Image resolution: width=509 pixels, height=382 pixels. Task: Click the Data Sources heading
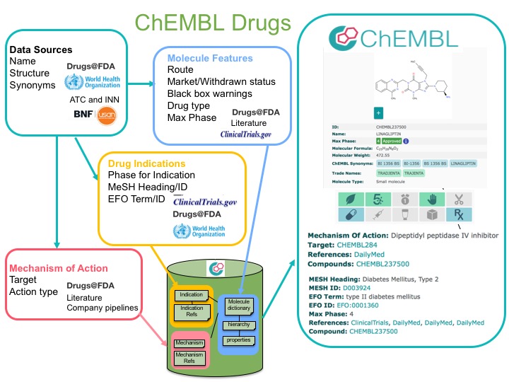click(40, 50)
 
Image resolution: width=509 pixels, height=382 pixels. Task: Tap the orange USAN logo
click(107, 115)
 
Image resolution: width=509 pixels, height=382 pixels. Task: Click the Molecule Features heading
click(210, 58)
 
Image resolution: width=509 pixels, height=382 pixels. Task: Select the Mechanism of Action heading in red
click(58, 268)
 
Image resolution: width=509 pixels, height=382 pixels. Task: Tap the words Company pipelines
click(104, 307)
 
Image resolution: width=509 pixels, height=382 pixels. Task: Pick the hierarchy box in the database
click(240, 325)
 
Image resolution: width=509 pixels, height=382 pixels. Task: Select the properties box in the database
click(240, 340)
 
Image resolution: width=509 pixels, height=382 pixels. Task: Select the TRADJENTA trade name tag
click(388, 172)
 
